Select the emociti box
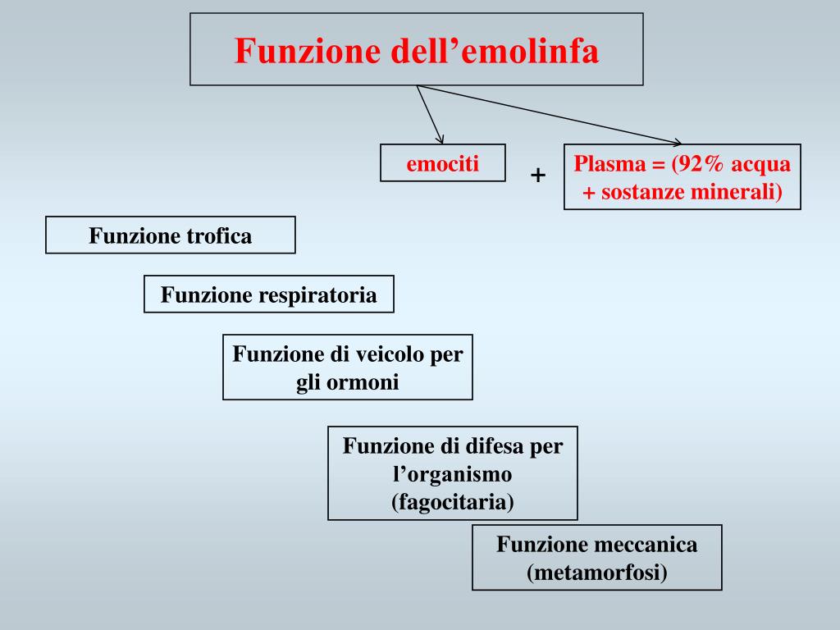443,162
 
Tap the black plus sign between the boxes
538,175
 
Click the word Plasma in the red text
609,164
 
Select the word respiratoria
318,295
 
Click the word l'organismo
452,474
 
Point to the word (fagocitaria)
452,501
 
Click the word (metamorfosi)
597,573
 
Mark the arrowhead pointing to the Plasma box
677,142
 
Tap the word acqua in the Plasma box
761,164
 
